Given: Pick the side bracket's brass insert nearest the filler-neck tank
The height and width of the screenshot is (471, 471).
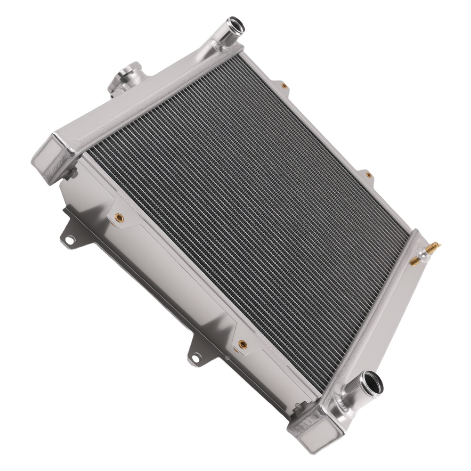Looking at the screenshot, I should point(119,218).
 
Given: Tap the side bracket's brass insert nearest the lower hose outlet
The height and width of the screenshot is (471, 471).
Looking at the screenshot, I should point(243,344).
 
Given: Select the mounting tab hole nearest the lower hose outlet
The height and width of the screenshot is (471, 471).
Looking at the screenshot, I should point(193,359).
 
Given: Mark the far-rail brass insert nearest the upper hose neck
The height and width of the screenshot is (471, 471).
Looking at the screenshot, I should point(284,86).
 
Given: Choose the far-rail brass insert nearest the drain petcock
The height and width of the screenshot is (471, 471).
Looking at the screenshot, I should point(369,175).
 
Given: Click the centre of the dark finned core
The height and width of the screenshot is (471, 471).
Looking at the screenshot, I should point(250,212).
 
